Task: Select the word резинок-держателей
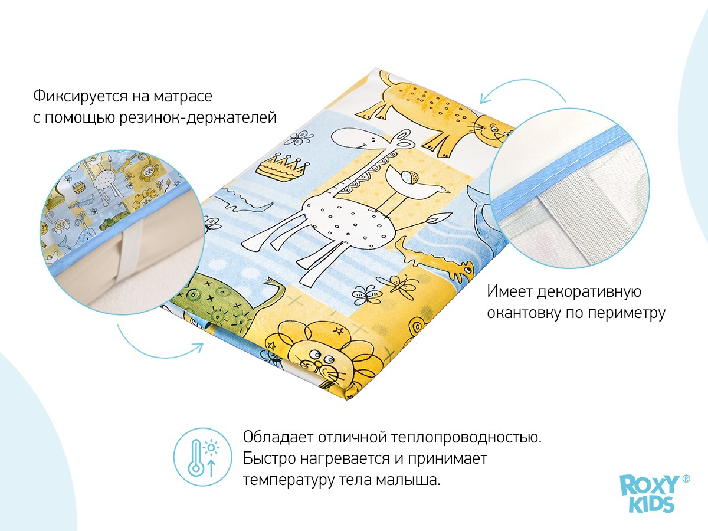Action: click(x=198, y=117)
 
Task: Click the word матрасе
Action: click(x=182, y=97)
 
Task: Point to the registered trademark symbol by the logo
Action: click(x=686, y=479)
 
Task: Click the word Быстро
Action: click(x=270, y=459)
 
